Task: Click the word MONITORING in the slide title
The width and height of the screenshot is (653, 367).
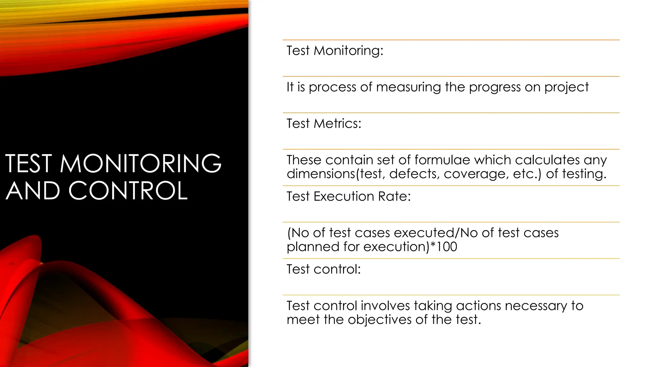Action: pos(140,164)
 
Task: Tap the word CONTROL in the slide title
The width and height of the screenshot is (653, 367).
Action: pos(128,191)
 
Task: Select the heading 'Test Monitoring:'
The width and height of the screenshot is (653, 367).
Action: pos(335,51)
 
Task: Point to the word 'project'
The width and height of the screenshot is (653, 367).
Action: pos(566,87)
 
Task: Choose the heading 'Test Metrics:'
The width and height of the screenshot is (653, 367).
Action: pos(324,124)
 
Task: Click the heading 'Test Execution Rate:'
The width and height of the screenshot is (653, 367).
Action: pos(349,196)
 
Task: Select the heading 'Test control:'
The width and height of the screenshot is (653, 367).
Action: pos(324,269)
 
